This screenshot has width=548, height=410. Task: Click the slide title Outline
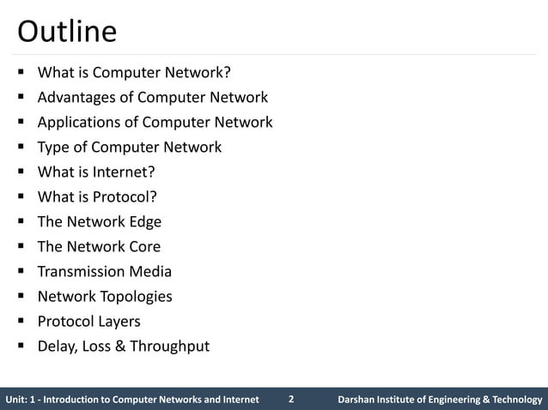(67, 32)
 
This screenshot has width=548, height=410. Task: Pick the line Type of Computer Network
(130, 147)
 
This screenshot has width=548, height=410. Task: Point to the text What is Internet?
(96, 172)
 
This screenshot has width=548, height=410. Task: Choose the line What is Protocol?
(97, 196)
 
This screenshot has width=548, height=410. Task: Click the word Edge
(143, 221)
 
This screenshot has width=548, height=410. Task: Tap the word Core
(143, 246)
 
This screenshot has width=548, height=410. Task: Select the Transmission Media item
(105, 271)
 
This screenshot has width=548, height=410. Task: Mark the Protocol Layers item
(88, 321)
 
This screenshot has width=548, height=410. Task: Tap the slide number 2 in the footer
(291, 399)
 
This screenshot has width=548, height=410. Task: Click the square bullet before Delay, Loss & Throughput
(21, 347)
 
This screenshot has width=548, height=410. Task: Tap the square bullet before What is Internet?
(21, 172)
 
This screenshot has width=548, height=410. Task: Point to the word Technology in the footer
(513, 400)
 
